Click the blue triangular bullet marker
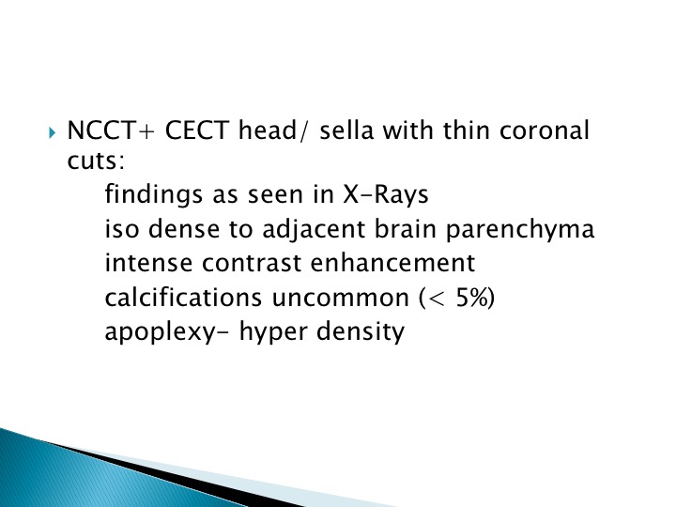tap(53, 132)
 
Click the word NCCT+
tap(111, 131)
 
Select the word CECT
tap(197, 131)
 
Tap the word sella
tap(346, 131)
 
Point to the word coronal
tap(544, 131)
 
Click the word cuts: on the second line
tap(96, 161)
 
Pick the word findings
tap(153, 195)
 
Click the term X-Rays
tap(386, 195)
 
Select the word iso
tap(122, 229)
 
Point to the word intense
tap(148, 263)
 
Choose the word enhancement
tap(392, 263)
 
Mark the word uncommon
tap(341, 299)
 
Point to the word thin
tap(467, 131)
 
